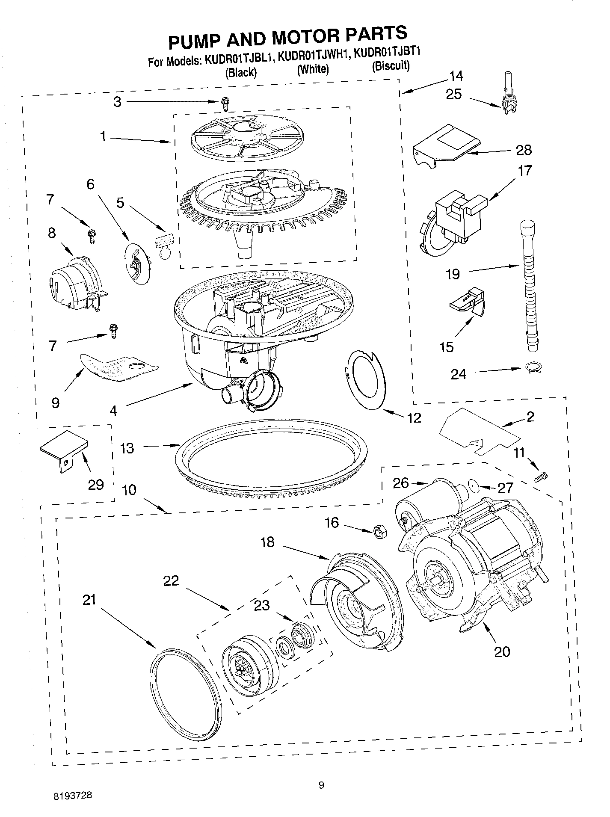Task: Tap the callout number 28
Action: coord(524,150)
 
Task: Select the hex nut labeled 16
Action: coord(379,532)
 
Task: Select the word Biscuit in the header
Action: coord(390,66)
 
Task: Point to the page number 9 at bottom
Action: coord(321,784)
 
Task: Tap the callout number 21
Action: coord(89,600)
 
